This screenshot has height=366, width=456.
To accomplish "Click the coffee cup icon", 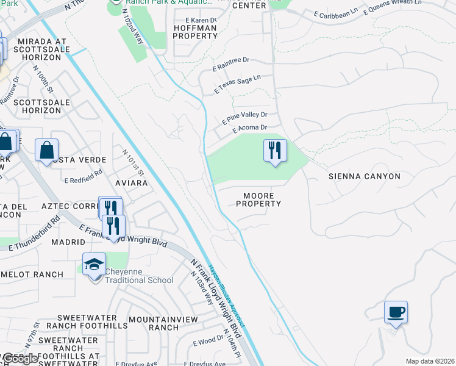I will coord(396,312).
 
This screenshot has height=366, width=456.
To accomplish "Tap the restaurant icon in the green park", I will coord(275,150).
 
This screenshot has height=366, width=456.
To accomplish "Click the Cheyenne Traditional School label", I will coord(139,276).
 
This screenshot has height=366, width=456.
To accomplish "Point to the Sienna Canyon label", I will coord(365,176).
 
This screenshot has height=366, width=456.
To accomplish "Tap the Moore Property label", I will coord(258,199).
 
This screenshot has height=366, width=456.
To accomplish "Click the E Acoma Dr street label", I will coord(249,128).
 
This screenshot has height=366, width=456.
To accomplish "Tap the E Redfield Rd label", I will coord(83,176).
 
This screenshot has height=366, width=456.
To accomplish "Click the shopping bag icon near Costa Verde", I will coord(46,150).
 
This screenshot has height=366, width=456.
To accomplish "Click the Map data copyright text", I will coord(430,361).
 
